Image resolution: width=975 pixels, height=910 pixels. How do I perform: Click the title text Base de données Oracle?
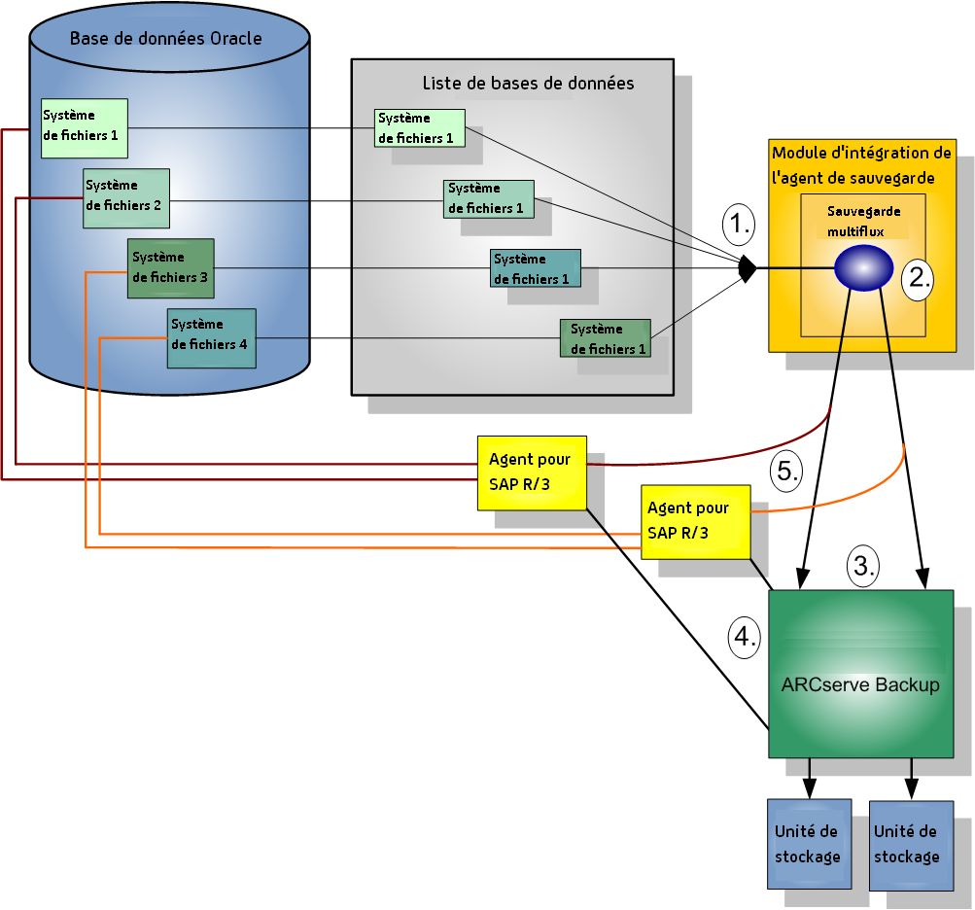tap(165, 39)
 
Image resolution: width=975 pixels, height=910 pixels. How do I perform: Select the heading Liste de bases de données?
tap(528, 84)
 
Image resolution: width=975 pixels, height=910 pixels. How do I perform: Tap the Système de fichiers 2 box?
tap(126, 197)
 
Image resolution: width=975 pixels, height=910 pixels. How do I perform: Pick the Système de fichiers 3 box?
tap(171, 268)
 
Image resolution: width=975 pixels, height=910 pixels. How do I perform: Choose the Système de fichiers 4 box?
tap(211, 337)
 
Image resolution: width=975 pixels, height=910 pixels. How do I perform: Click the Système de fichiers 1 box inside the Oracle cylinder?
tap(85, 127)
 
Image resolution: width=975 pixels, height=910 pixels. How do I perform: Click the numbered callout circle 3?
tap(863, 564)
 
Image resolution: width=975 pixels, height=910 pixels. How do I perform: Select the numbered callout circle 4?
tap(744, 638)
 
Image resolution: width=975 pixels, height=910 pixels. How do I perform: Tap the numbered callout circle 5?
tap(785, 472)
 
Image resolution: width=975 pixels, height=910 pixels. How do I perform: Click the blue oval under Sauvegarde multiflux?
tap(863, 267)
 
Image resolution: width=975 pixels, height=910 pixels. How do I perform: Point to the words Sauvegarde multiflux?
tap(863, 222)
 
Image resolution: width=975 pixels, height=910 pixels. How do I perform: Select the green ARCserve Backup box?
tap(860, 674)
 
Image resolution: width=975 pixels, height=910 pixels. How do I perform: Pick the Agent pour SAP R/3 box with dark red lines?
tap(532, 472)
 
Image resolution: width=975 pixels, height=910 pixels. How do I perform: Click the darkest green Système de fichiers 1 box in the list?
tap(605, 338)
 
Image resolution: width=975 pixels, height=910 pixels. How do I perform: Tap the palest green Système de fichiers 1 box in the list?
tap(420, 128)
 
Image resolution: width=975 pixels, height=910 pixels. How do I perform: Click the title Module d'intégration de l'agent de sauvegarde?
tap(861, 165)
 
